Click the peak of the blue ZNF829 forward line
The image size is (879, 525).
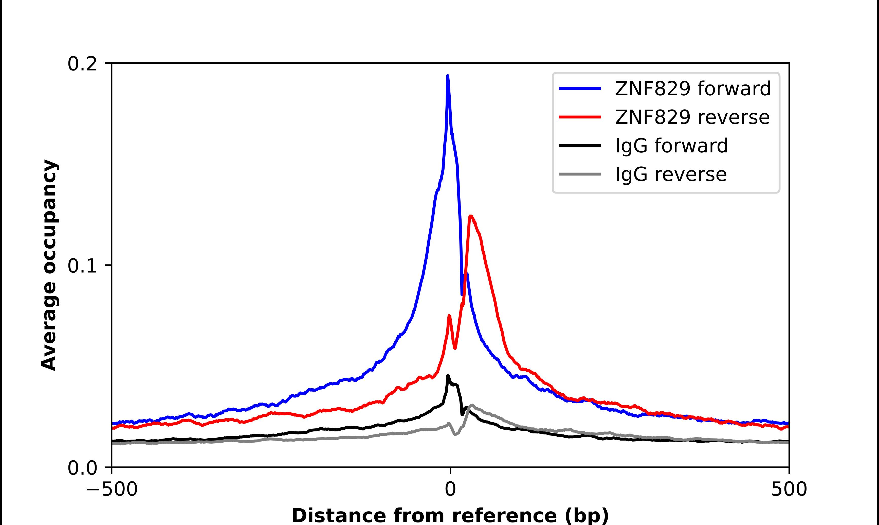448,76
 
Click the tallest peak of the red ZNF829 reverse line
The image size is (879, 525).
470,216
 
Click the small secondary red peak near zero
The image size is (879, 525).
449,316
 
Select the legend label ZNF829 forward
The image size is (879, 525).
693,89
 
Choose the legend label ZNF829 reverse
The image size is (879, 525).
692,117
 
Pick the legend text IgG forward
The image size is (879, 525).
671,146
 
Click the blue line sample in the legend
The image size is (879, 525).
580,89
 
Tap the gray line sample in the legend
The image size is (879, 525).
580,174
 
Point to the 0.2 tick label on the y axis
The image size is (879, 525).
82,64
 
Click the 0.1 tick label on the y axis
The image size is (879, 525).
82,266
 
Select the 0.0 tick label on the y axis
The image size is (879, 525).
82,468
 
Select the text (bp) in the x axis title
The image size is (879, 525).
587,516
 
